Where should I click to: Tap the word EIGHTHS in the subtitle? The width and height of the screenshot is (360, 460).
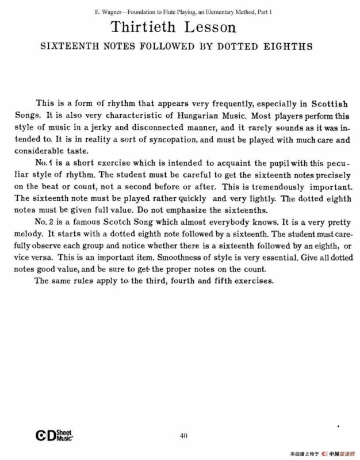288,47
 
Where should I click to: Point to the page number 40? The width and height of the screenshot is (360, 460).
183,435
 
